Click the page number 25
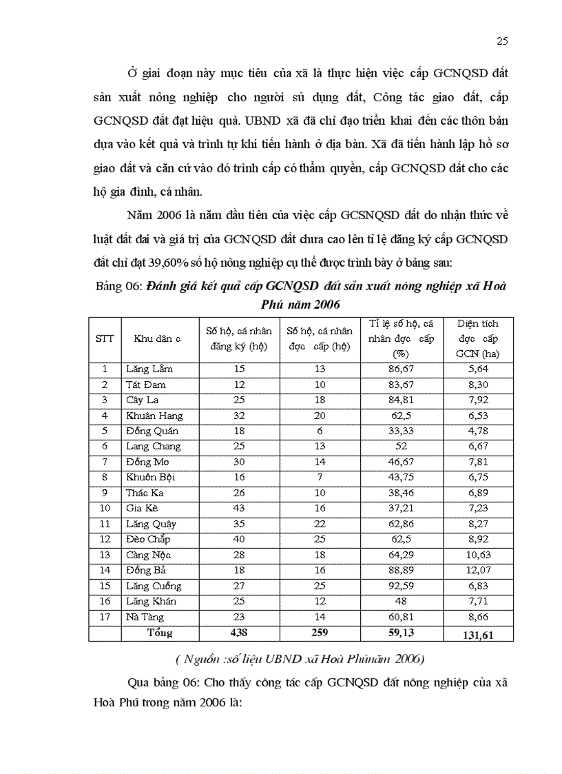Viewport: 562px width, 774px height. tap(502, 41)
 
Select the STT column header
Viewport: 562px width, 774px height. tap(105, 338)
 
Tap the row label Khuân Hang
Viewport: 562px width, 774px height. tap(154, 416)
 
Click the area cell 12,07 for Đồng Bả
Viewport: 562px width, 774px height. tap(477, 571)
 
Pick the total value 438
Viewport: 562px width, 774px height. tap(238, 633)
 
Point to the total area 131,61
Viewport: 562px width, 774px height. tap(477, 633)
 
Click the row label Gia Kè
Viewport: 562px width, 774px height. tap(142, 509)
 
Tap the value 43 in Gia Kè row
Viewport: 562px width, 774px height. tap(238, 509)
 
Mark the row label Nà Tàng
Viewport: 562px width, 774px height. tap(145, 617)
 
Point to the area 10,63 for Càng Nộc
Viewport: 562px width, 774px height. tap(477, 555)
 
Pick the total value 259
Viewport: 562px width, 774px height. tap(318, 633)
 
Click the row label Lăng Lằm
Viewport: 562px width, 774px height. tap(149, 369)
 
